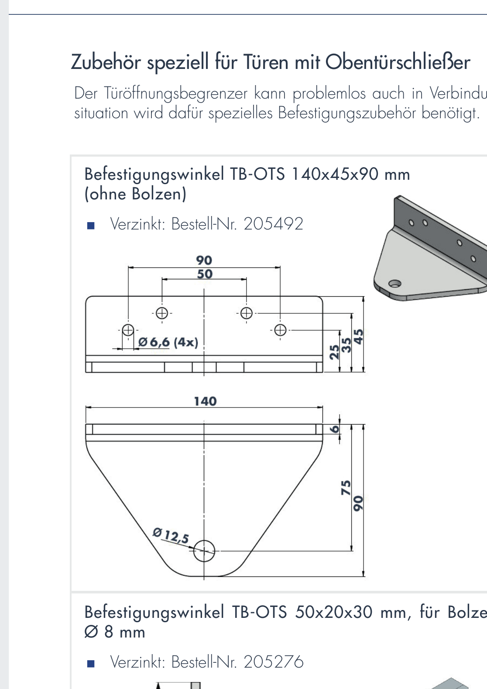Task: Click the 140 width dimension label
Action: pyautogui.click(x=205, y=401)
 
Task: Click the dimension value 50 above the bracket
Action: pyautogui.click(x=205, y=274)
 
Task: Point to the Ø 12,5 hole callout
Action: pyautogui.click(x=171, y=536)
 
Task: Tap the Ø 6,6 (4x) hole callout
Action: pyautogui.click(x=168, y=342)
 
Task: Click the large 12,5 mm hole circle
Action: pyautogui.click(x=204, y=551)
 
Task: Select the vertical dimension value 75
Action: pyautogui.click(x=346, y=487)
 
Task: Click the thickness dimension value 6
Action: pyautogui.click(x=334, y=429)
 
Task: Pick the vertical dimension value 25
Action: pyautogui.click(x=334, y=352)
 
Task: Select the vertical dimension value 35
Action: pyautogui.click(x=346, y=345)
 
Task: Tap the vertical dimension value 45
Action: pyautogui.click(x=358, y=336)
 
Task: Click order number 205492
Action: pyautogui.click(x=273, y=224)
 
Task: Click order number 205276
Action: pyautogui.click(x=273, y=662)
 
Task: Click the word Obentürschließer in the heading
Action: pyautogui.click(x=398, y=62)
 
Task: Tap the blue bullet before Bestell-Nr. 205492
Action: pyautogui.click(x=91, y=226)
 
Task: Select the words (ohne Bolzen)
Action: pyautogui.click(x=135, y=194)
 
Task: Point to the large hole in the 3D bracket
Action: pyautogui.click(x=394, y=284)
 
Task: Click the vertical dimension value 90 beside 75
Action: pyautogui.click(x=358, y=503)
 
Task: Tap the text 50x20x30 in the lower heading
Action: pyautogui.click(x=334, y=612)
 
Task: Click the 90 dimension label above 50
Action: pyautogui.click(x=204, y=260)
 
